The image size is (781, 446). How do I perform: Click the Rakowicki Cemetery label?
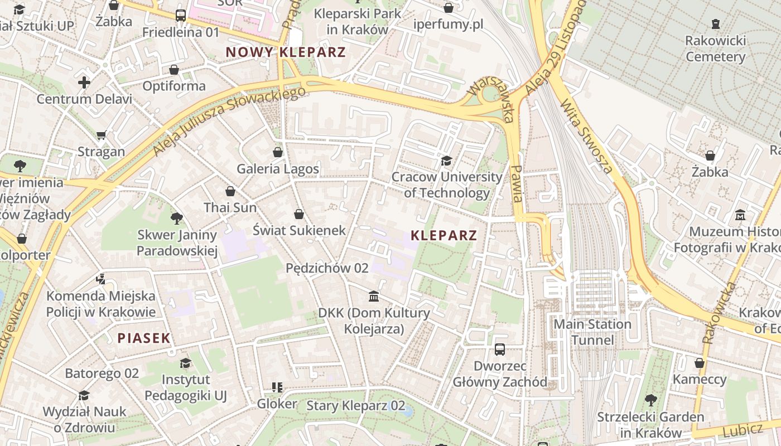pyautogui.click(x=715, y=49)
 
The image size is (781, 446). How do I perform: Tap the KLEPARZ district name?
pyautogui.click(x=444, y=235)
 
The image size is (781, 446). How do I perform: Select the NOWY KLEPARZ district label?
pyautogui.click(x=286, y=52)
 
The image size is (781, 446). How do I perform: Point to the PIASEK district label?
pyautogui.click(x=144, y=338)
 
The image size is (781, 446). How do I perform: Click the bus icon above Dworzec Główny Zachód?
pyautogui.click(x=500, y=350)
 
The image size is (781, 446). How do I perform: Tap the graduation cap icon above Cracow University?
pyautogui.click(x=446, y=161)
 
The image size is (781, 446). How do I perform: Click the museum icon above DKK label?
pyautogui.click(x=374, y=296)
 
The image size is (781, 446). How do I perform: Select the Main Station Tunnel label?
pyautogui.click(x=592, y=332)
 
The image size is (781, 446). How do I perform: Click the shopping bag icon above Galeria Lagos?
pyautogui.click(x=278, y=152)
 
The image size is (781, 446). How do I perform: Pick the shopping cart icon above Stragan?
pyautogui.click(x=102, y=135)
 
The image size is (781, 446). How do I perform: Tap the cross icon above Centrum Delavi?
pyautogui.click(x=84, y=83)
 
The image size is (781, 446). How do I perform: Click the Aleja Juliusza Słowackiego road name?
pyautogui.click(x=229, y=120)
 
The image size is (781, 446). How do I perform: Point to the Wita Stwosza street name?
pyautogui.click(x=587, y=137)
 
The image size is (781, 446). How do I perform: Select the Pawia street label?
pyautogui.click(x=517, y=183)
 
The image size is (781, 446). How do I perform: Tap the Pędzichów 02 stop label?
pyautogui.click(x=327, y=268)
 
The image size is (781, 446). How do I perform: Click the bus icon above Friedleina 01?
pyautogui.click(x=181, y=16)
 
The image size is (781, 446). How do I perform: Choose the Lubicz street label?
pyautogui.click(x=742, y=430)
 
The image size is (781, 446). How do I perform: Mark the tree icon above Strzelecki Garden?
pyautogui.click(x=650, y=400)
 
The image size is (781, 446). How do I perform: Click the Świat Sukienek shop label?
pyautogui.click(x=299, y=230)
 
